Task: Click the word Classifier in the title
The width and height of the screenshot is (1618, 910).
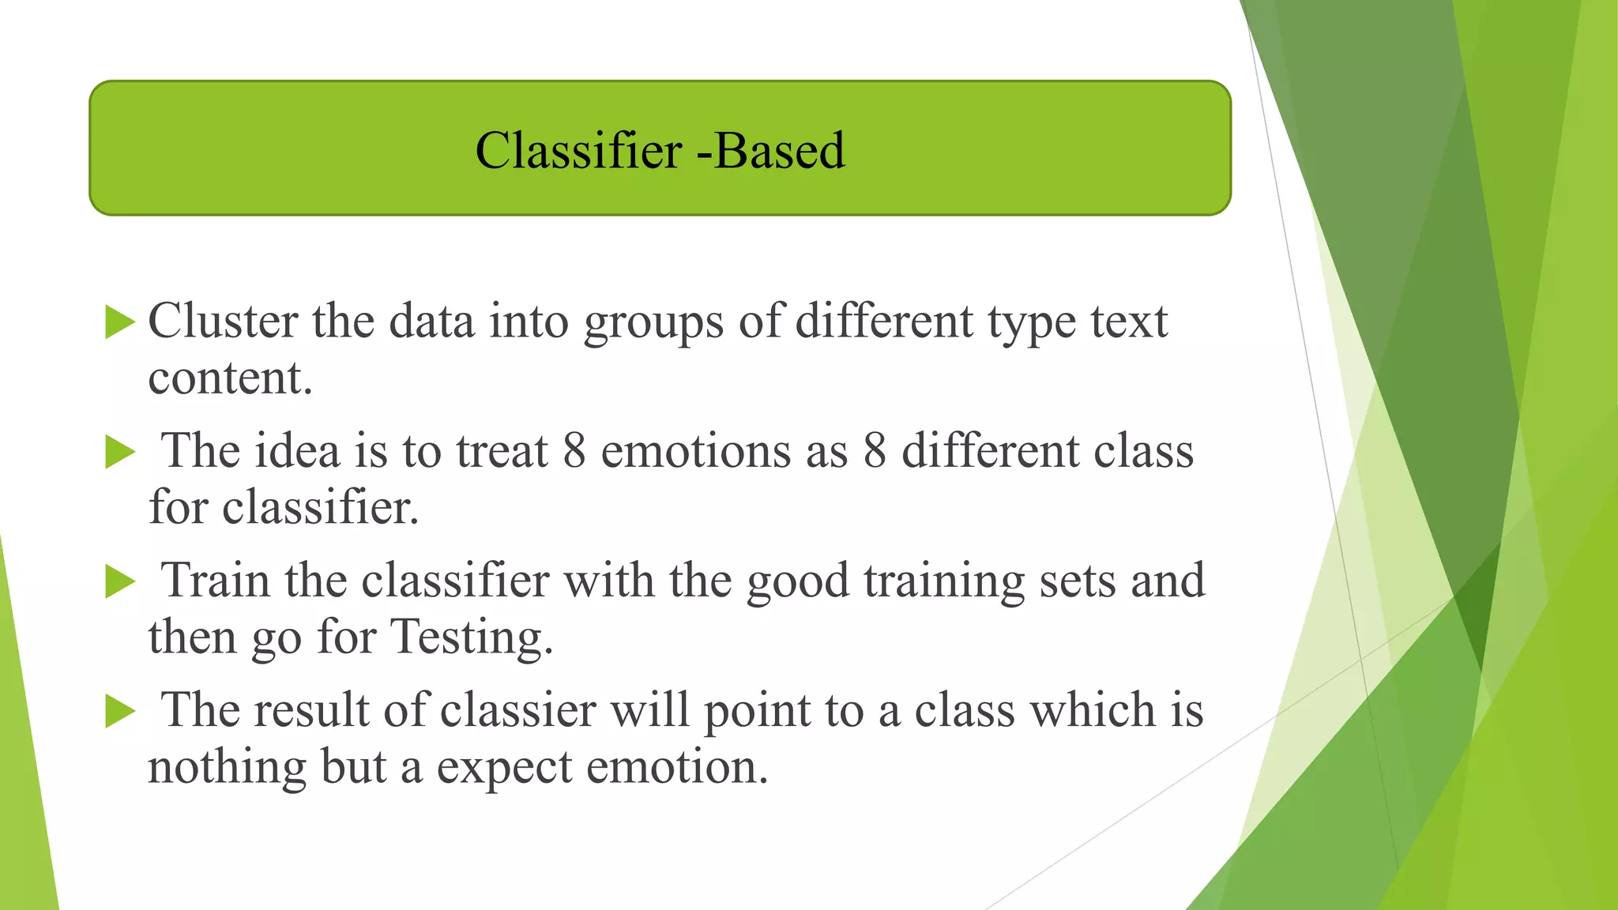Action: click(x=578, y=150)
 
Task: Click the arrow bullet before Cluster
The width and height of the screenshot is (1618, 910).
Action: click(x=120, y=322)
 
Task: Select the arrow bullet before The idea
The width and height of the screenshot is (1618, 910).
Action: click(x=120, y=453)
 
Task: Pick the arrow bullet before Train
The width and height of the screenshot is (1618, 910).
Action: click(x=120, y=582)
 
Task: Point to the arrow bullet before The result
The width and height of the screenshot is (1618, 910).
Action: click(x=120, y=712)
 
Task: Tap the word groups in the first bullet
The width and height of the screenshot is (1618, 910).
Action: click(x=653, y=323)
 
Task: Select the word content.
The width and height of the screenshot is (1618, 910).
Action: click(x=230, y=378)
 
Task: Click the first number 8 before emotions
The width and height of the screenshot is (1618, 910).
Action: click(x=574, y=452)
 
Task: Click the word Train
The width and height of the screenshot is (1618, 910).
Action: click(x=215, y=581)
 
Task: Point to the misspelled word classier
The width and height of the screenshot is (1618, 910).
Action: click(x=517, y=710)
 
